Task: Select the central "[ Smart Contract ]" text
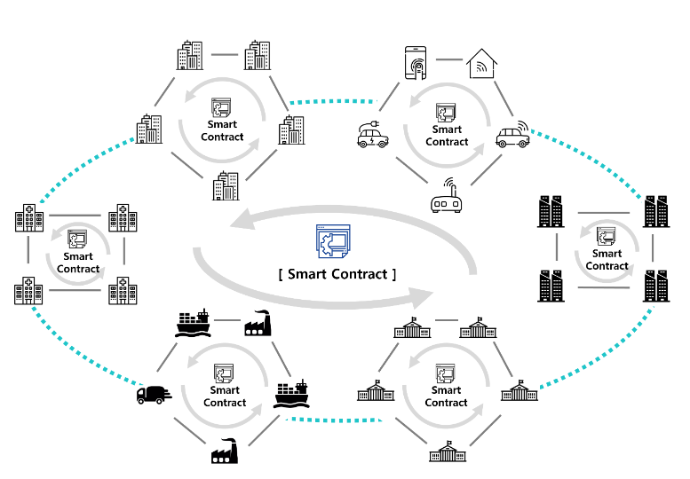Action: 337,274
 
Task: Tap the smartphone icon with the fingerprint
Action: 417,62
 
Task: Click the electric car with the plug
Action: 374,135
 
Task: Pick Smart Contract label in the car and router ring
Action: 447,136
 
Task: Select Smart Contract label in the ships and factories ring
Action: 225,397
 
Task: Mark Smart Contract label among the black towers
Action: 607,260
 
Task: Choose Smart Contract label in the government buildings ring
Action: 447,397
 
